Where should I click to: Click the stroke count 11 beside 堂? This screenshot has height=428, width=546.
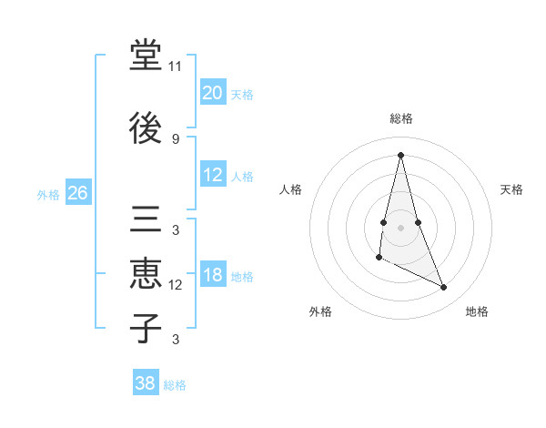point(176,66)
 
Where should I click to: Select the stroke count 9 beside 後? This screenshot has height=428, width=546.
point(176,138)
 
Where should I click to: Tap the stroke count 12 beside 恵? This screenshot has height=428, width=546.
point(176,285)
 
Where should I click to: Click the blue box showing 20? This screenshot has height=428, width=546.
point(212,92)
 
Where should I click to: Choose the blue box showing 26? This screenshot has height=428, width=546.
point(77,193)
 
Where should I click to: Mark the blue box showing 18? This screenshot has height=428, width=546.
point(212,275)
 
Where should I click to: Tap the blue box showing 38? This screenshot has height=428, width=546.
point(145,383)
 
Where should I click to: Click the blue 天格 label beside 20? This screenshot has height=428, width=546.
point(242,94)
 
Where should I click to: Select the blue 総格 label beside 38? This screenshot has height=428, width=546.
point(175,385)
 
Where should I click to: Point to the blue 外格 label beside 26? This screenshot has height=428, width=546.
point(48,195)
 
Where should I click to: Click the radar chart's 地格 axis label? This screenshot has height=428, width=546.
point(477,311)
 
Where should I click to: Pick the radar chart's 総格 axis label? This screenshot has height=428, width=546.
point(400,118)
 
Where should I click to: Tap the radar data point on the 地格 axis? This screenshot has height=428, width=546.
point(444,288)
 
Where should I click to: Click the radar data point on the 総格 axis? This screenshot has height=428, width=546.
point(400,155)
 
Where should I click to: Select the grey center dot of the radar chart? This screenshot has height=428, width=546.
point(400,226)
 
